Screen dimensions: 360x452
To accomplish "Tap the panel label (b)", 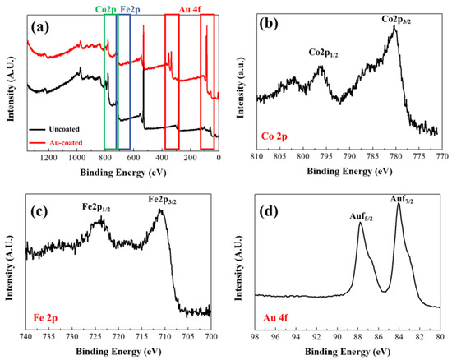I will coord(271,24).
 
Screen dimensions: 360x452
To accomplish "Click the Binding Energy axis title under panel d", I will coord(348,352).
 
